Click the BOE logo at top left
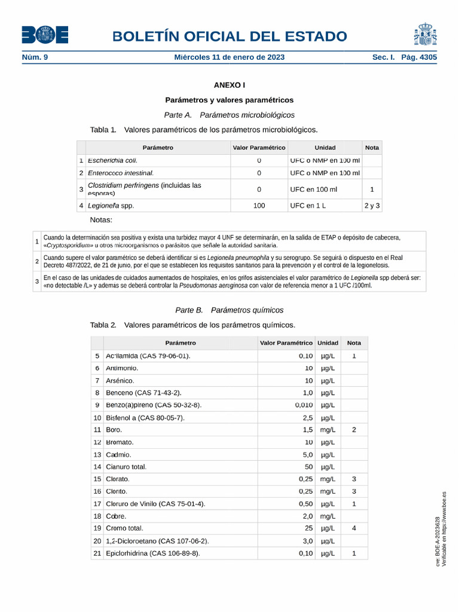pos(45,35)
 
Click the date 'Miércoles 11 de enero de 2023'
pos(229,57)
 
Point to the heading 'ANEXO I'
pos(229,85)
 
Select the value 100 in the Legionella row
pos(259,206)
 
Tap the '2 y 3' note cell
pos(372,206)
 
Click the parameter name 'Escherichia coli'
pos(112,160)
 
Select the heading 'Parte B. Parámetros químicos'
pos(229,310)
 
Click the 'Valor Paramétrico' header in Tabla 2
pos(286,343)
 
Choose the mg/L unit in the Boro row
pos(327,430)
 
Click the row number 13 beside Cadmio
pos(97,454)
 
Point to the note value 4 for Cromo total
pos(354,528)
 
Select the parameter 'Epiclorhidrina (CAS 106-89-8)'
pos(152,553)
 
